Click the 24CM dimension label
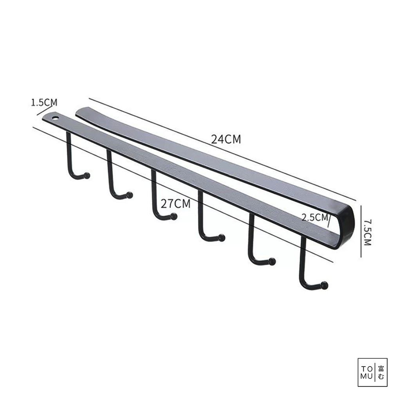tap(226, 139)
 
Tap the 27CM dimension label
tap(176, 204)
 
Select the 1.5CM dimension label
tap(44, 103)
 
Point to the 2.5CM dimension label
tap(315, 217)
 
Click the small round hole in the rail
tap(55, 118)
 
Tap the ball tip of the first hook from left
tap(87, 176)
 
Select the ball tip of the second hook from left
tap(130, 195)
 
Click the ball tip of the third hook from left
tap(174, 216)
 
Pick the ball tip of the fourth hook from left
tap(222, 238)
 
